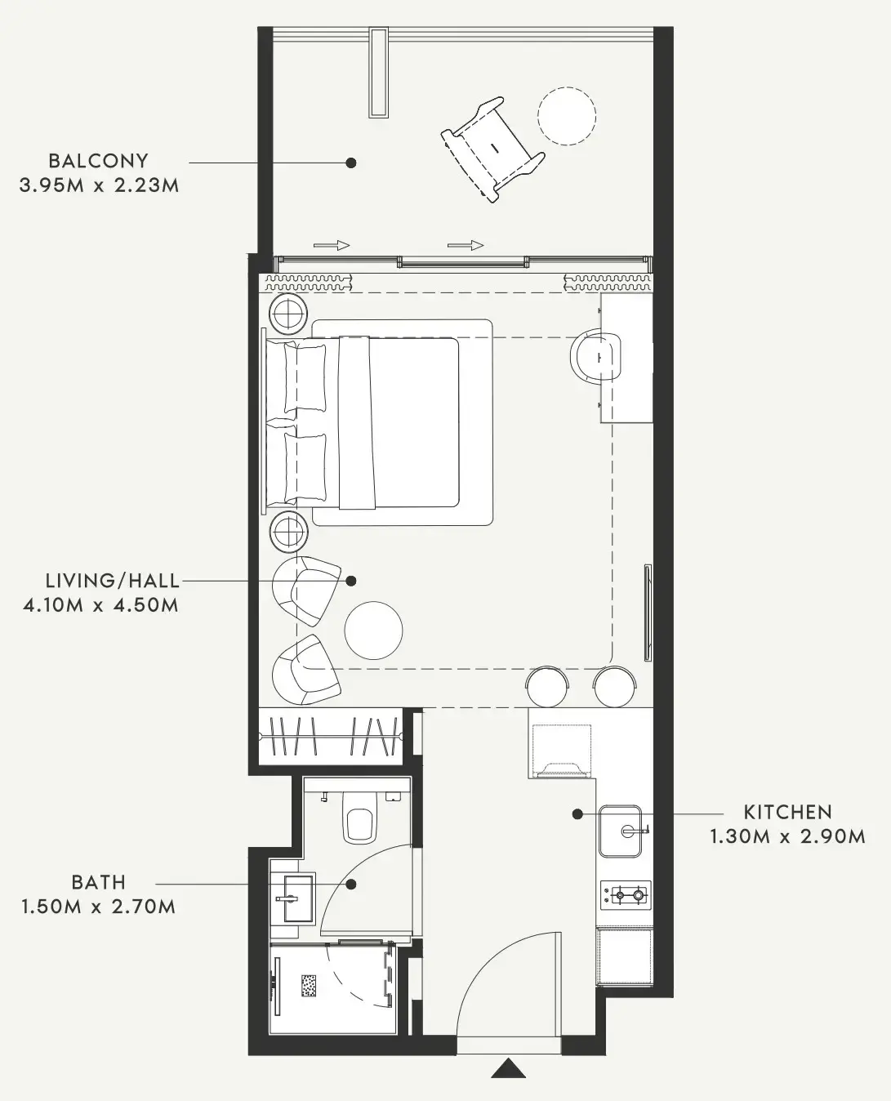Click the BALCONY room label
[x=98, y=161]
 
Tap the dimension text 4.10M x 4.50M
[x=100, y=605]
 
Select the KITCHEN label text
[x=787, y=812]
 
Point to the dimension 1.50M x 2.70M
[x=99, y=907]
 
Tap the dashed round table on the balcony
[x=566, y=116]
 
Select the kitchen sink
[x=621, y=831]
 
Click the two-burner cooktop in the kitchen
[x=626, y=895]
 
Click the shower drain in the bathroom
[x=310, y=985]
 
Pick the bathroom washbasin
[x=292, y=898]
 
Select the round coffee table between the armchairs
[x=373, y=630]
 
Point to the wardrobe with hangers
[x=330, y=736]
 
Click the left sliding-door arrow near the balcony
[x=331, y=245]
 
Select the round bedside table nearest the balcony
[x=287, y=314]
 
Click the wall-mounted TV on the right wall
[x=648, y=613]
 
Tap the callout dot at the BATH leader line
[x=351, y=884]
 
